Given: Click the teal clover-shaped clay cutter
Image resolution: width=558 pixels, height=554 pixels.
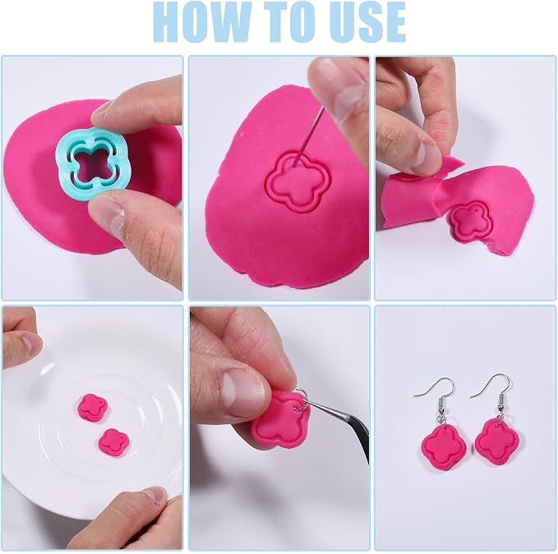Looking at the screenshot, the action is pos(91,161).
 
